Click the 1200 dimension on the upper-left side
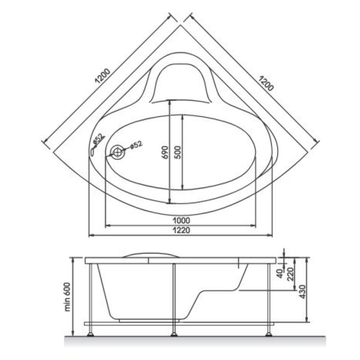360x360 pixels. pos(103,76)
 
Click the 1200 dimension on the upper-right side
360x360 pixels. pos(266,83)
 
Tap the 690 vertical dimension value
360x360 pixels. pos(165,152)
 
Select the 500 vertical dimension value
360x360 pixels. pos(178,152)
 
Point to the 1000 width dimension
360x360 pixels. pos(181,220)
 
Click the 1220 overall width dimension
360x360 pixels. pos(181,230)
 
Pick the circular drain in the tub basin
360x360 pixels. pos(117,152)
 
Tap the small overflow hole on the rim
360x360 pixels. pos(92,152)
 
